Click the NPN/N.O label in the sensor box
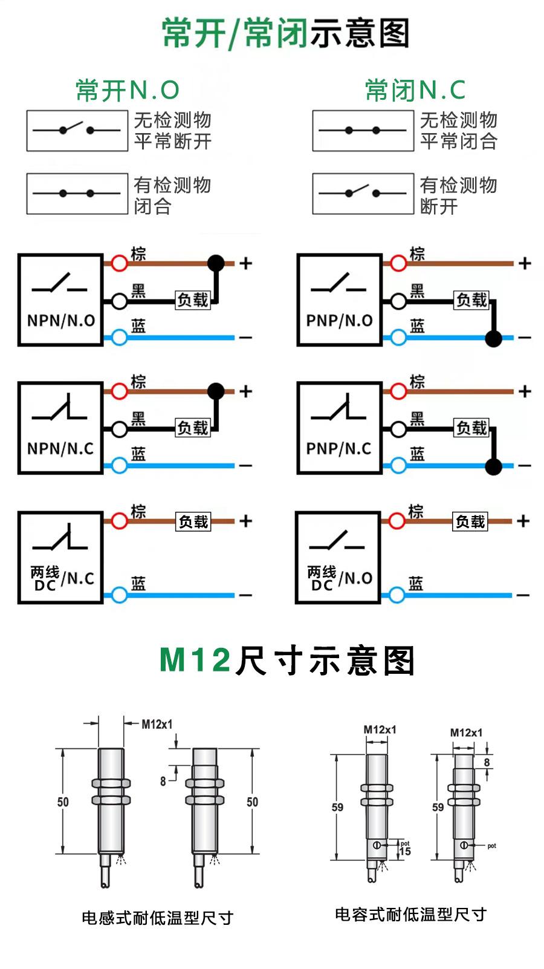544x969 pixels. click(61, 321)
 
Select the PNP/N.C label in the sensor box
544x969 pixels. click(339, 449)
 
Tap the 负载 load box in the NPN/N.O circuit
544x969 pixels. click(193, 300)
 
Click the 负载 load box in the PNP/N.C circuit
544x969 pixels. click(471, 428)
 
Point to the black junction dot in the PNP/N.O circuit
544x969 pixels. click(494, 338)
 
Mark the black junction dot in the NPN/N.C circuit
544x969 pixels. click(216, 391)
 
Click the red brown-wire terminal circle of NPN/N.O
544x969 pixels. click(120, 263)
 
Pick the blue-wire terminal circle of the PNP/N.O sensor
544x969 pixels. click(398, 338)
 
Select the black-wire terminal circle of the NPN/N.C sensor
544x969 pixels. click(120, 429)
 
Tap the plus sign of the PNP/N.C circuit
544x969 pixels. click(525, 391)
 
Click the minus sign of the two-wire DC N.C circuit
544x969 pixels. click(245, 596)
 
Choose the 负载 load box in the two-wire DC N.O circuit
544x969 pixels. click(470, 521)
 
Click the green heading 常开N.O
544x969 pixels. click(128, 91)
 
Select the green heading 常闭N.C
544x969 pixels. click(415, 91)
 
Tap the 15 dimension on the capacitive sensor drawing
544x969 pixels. click(405, 852)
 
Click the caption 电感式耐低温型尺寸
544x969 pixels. click(157, 918)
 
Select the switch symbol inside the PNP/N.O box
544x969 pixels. click(339, 284)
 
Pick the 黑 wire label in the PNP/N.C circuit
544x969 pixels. click(417, 419)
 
